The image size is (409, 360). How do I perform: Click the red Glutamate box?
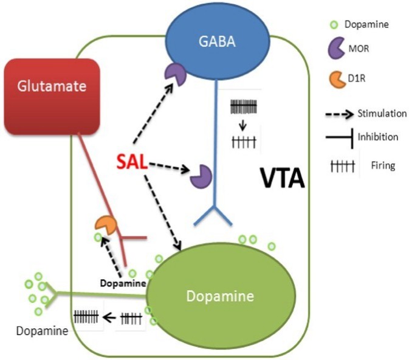(x=52, y=97)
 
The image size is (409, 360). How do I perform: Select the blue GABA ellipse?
(x=218, y=42)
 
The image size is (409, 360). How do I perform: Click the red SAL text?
(x=132, y=162)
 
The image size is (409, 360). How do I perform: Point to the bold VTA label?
(x=283, y=178)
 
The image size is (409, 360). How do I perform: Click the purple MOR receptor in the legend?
(x=336, y=48)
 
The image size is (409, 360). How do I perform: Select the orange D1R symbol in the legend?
(x=337, y=80)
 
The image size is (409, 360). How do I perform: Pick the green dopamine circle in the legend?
(x=334, y=25)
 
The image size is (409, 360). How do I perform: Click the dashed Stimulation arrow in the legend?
(x=339, y=114)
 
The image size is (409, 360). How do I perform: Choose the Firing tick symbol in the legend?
(x=343, y=166)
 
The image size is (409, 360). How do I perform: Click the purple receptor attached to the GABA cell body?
(x=175, y=74)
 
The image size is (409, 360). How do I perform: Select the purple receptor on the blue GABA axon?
(x=201, y=176)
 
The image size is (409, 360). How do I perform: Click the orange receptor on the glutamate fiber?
(x=106, y=225)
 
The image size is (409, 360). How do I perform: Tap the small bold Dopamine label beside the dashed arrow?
(x=123, y=283)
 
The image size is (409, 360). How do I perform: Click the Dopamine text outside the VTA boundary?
(x=42, y=331)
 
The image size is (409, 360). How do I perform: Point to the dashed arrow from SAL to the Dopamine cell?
(x=162, y=212)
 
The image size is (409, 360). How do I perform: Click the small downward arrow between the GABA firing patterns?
(x=243, y=125)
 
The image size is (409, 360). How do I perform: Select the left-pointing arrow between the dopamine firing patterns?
(x=109, y=317)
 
